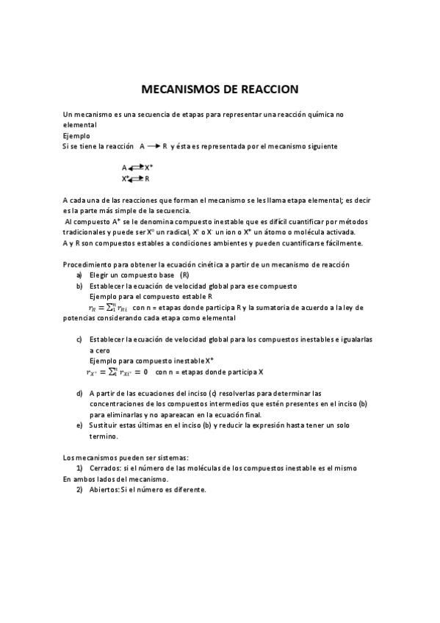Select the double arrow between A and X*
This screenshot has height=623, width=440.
[136, 168]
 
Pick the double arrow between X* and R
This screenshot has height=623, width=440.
[137, 179]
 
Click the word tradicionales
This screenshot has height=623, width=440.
[86, 232]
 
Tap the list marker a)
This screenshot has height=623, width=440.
[79, 275]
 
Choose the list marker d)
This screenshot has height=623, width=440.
[79, 393]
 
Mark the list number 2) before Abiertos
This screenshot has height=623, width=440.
[79, 490]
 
